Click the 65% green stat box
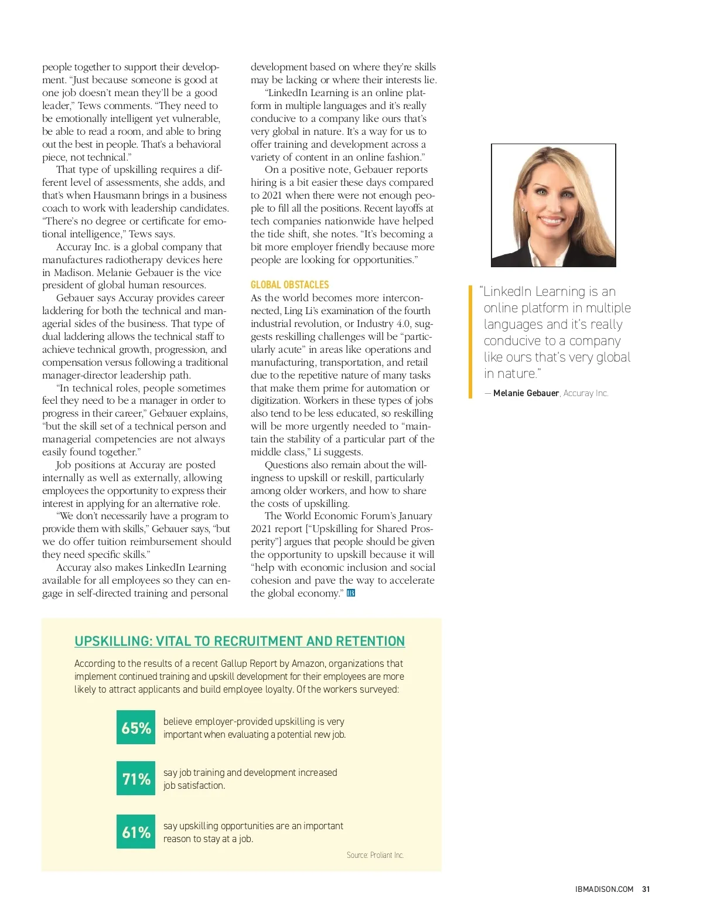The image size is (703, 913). coord(136,727)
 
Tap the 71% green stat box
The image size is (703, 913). coord(136,778)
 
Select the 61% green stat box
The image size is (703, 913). coord(136,832)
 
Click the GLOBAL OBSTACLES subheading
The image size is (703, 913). coord(289,285)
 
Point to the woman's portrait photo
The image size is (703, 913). coord(553,205)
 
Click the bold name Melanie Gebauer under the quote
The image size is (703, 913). coord(525,393)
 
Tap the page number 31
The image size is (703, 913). coord(646,889)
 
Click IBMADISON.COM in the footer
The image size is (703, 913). coord(604,889)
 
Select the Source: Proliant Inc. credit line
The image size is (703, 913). coord(375,855)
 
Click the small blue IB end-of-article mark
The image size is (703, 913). coord(351,593)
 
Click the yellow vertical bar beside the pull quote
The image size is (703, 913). coord(470,342)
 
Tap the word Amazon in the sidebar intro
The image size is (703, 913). coord(308,663)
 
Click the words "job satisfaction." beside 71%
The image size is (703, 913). coord(194,785)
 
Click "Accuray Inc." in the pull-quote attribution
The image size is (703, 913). coord(586,393)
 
